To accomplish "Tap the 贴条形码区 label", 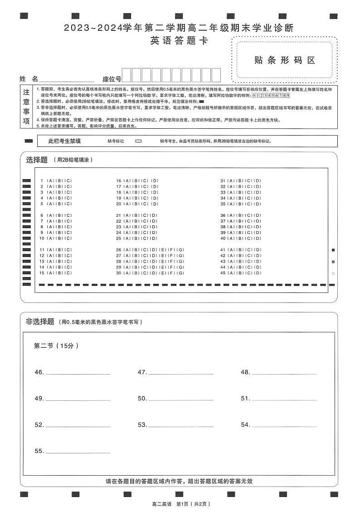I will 285,60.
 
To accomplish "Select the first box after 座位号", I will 126,75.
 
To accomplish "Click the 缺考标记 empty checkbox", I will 138,141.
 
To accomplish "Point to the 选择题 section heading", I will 37,160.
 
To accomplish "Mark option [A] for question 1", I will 49,181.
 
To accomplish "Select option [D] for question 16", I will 155,181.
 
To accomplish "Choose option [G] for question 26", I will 180,250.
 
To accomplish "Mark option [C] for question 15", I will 68,273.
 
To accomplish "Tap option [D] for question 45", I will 258,273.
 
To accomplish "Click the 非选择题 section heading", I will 40,321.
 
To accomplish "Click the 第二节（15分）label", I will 57,346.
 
